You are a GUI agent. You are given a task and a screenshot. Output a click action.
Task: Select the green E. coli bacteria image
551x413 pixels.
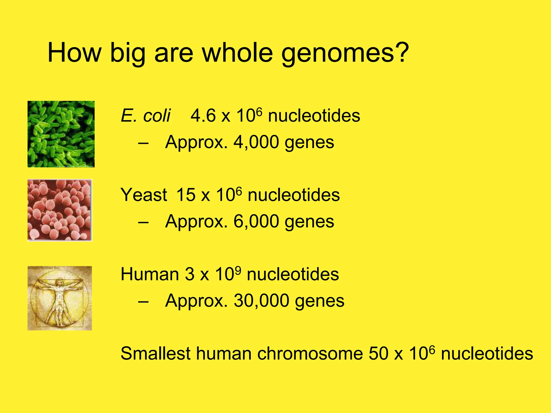coord(61,134)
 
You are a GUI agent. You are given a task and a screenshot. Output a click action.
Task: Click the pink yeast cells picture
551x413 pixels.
coord(60,210)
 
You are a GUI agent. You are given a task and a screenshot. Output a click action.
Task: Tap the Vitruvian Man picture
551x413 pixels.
coord(60,298)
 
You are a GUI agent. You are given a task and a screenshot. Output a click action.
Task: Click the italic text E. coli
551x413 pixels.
coord(146,116)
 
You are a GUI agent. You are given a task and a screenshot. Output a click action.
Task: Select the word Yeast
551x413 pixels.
coord(144,195)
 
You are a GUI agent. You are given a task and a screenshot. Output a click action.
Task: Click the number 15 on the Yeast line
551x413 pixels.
coord(186,195)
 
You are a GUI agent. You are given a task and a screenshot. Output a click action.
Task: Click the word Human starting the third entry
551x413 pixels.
coord(150,274)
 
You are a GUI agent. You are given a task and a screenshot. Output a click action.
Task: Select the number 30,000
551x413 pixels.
coord(261,301)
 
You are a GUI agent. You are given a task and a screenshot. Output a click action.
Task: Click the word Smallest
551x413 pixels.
coord(156,353)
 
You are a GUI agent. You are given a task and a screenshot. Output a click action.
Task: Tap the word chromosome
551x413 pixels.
coord(310,354)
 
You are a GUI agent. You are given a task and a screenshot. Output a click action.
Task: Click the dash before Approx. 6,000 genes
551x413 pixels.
coord(143,222)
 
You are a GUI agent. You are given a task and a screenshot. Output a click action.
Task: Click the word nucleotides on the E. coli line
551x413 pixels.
coord(314,116)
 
